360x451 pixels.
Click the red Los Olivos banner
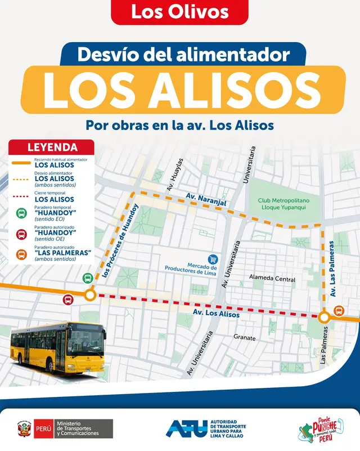[179, 12]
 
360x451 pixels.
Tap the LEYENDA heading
[52, 148]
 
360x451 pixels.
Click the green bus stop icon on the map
[88, 278]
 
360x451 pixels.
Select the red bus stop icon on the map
[68, 300]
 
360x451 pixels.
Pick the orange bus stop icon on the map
[339, 310]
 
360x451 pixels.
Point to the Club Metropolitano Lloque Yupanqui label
[284, 204]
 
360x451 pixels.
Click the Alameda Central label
[273, 279]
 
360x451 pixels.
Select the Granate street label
[244, 338]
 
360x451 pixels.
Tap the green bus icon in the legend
[21, 213]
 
